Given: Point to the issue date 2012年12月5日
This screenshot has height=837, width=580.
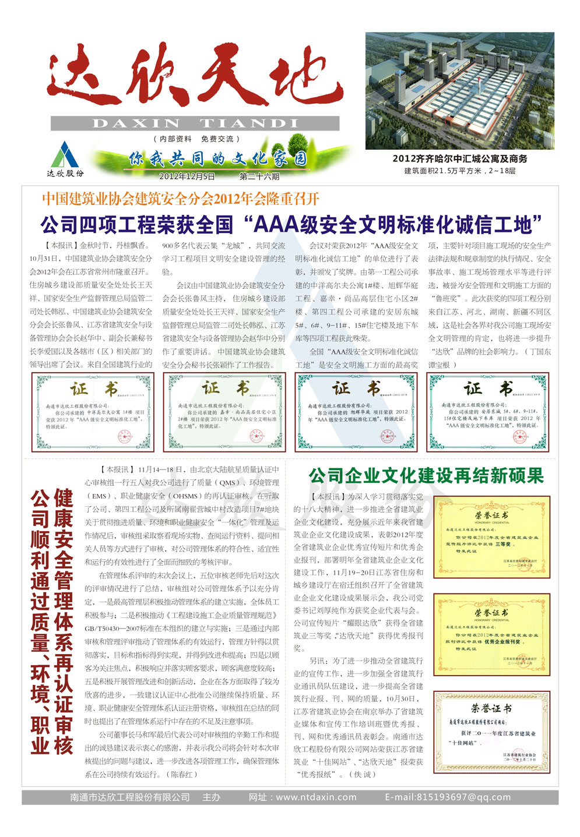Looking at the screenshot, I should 187,176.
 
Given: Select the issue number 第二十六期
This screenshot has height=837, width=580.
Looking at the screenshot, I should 259,176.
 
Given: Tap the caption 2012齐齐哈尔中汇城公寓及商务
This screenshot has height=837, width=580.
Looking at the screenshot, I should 460,158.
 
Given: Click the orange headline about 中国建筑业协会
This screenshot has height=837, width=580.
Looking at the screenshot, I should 180,199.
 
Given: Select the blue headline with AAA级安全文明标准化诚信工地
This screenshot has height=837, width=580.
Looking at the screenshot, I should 291,224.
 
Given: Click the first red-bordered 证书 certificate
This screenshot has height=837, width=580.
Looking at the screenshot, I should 93,412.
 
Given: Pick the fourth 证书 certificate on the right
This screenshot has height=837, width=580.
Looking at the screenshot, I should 487,412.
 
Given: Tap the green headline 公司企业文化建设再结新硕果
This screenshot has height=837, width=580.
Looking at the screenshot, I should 426,475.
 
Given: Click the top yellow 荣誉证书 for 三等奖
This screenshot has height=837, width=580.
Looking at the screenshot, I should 492,537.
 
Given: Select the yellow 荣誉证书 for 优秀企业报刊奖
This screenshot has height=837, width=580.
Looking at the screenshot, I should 492,634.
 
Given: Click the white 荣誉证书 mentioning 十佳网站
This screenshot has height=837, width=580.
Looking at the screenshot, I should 492,732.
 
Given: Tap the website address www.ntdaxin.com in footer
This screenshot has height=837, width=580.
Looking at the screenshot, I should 303,797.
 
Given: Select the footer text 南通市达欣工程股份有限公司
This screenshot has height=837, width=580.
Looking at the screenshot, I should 130,797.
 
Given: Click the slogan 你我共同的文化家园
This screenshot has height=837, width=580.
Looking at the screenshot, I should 218,158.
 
